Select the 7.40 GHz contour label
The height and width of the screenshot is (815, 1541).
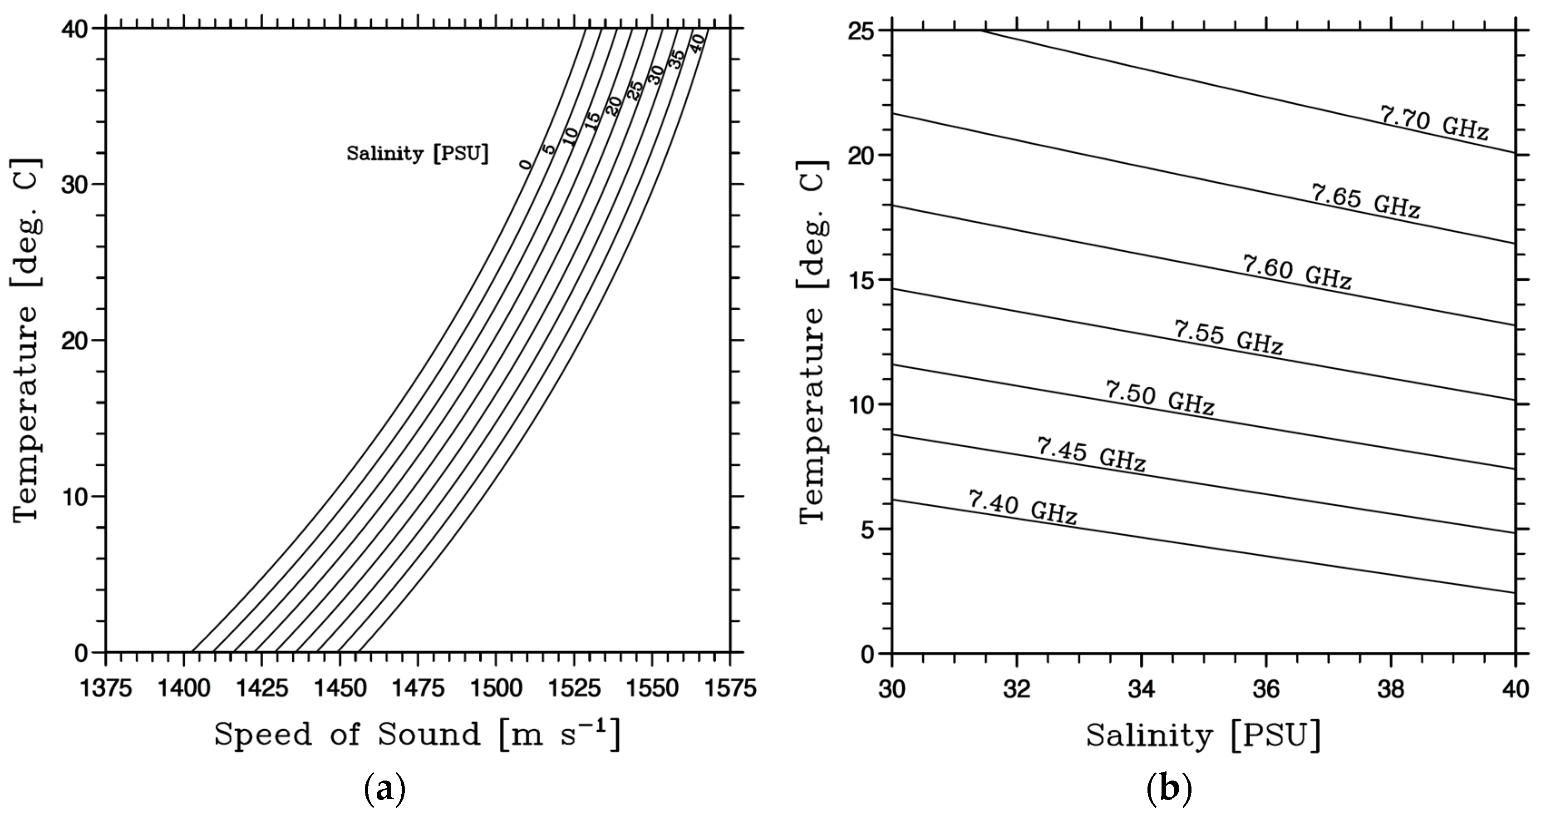coord(1022,508)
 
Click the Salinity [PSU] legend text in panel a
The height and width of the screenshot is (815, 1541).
coord(418,154)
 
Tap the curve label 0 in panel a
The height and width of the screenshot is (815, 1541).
coord(525,165)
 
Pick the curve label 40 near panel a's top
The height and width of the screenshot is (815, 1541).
coord(697,44)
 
